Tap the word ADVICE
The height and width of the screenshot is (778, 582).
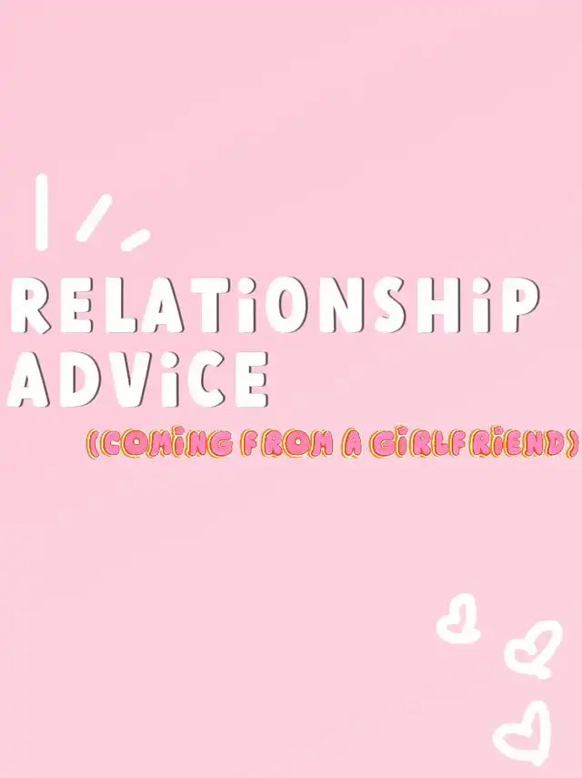[x=138, y=379]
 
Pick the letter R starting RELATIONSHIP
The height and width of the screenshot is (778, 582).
[x=31, y=308]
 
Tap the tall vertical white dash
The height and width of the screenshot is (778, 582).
[x=42, y=212]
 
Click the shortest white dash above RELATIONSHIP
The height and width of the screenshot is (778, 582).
[x=135, y=239]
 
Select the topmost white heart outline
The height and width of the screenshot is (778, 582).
[x=458, y=619]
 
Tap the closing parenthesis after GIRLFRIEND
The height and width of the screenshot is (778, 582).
[x=574, y=444]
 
